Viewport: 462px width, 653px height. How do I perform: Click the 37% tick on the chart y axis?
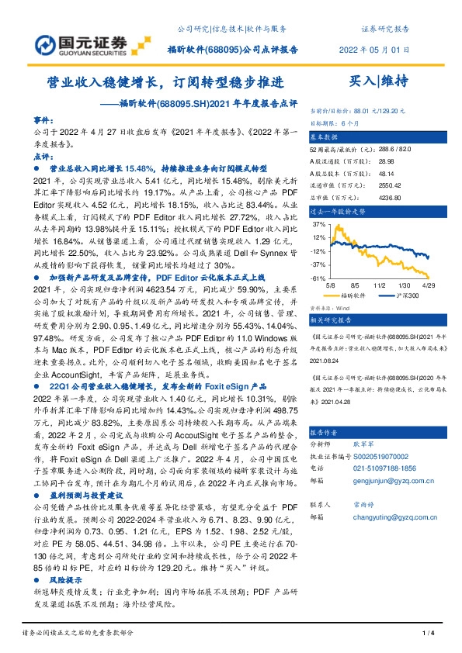318,224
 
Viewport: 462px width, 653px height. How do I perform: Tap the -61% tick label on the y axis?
318,278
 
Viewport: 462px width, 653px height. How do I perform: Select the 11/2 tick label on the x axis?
380,285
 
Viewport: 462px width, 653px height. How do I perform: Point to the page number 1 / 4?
426,634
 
